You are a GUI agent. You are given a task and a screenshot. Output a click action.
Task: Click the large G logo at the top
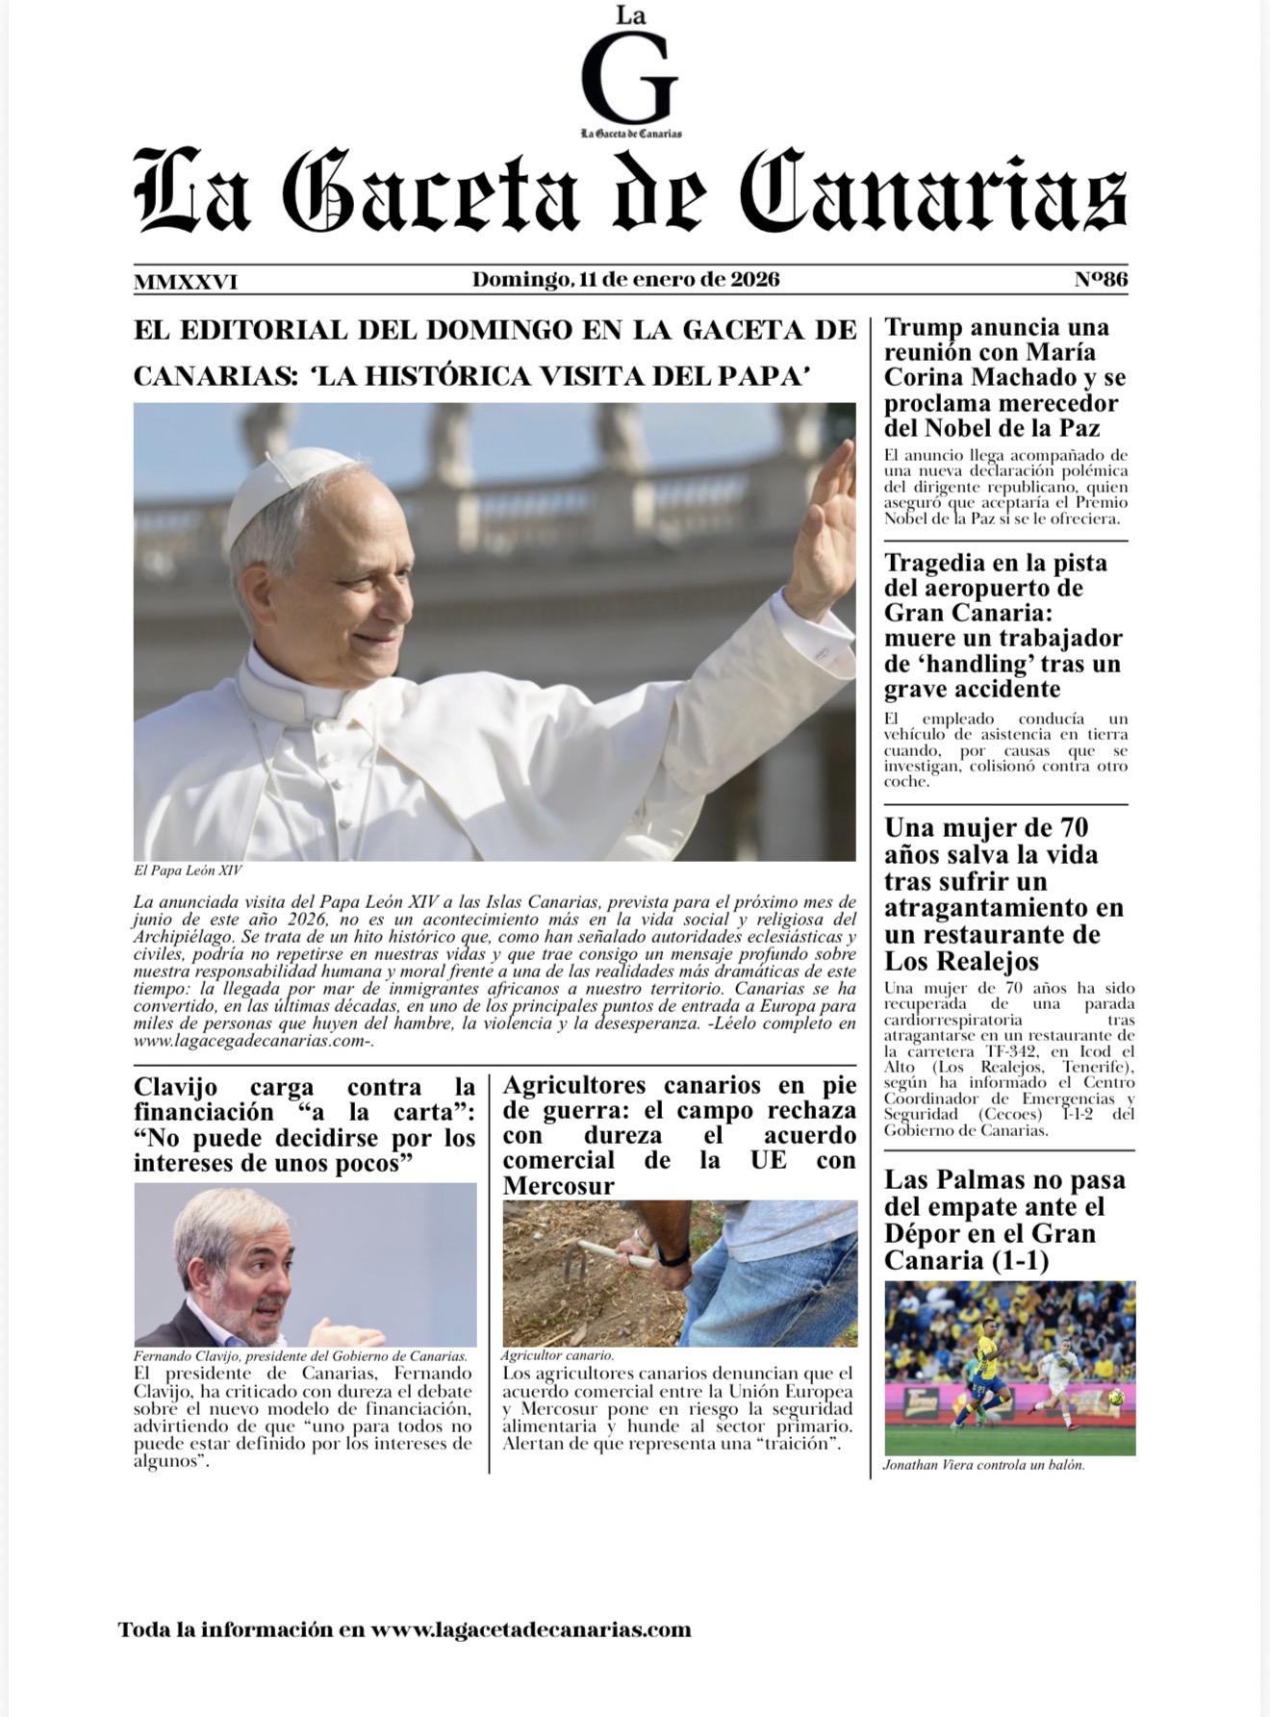(x=630, y=80)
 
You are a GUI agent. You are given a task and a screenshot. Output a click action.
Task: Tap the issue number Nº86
(x=1101, y=280)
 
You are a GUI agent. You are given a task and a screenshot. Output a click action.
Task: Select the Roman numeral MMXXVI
(x=186, y=282)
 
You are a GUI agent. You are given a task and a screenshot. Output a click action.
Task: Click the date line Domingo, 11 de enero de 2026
(x=625, y=280)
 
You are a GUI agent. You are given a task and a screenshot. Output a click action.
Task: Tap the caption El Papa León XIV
(x=188, y=871)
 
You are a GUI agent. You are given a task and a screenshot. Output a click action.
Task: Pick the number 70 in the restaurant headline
(x=1073, y=828)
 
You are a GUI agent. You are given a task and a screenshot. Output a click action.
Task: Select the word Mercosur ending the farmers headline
(x=558, y=1186)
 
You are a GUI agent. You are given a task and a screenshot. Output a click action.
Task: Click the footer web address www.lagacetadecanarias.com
(x=531, y=1629)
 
